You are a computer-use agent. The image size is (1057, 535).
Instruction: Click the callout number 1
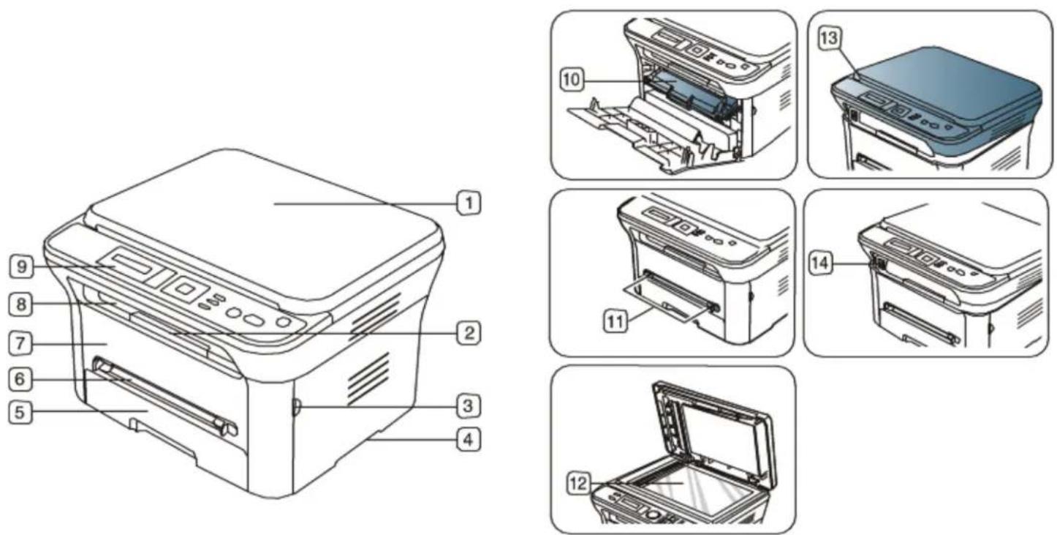(469, 203)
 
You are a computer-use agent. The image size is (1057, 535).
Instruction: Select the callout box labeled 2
(469, 333)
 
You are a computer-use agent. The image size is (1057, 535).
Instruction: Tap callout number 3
(469, 406)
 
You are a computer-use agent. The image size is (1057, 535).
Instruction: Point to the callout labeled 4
(469, 440)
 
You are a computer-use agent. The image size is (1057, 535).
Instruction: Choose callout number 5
(20, 412)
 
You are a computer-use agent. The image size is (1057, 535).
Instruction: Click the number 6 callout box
(20, 379)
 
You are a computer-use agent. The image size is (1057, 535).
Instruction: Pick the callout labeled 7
(20, 343)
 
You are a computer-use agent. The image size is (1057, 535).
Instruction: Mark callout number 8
(20, 304)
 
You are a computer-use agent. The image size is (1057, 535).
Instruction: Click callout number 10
(572, 79)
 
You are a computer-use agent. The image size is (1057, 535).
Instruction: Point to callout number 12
(579, 484)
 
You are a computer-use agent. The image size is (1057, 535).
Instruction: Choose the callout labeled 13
(829, 37)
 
